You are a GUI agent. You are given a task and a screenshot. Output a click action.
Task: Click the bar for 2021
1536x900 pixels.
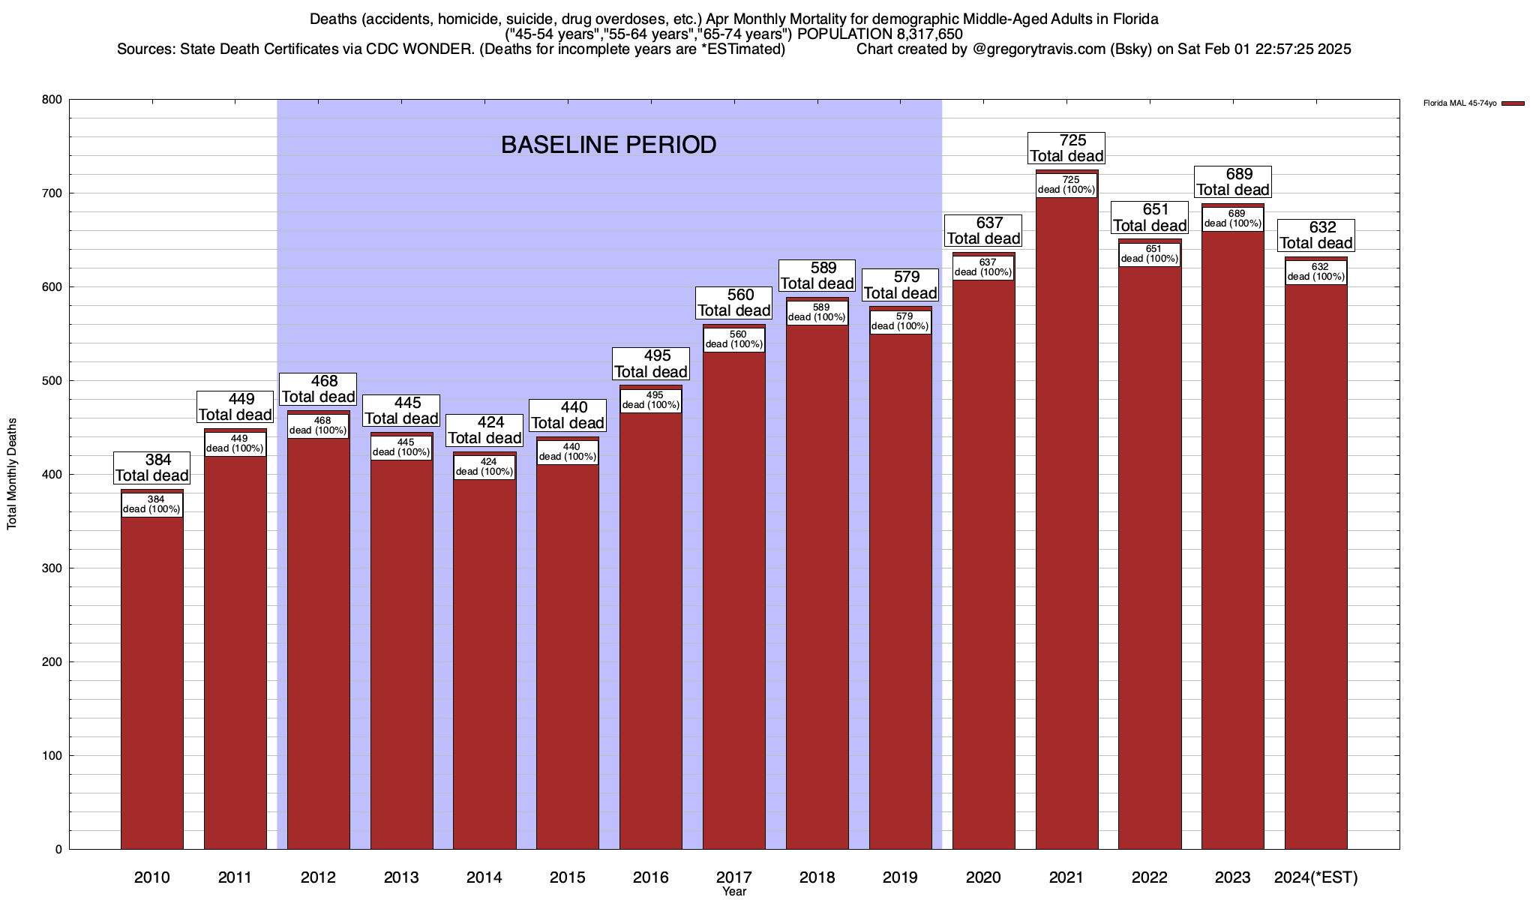coord(1066,525)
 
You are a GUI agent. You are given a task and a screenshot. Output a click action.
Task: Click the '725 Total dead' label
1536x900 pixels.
coord(1066,148)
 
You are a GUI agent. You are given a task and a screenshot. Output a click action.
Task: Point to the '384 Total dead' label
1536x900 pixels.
coord(152,467)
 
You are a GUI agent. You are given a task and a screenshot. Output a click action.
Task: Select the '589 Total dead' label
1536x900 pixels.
coord(817,275)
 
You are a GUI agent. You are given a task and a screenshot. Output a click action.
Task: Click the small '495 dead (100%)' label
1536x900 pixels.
coord(651,400)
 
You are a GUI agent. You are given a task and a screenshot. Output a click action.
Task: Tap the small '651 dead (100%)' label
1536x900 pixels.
coord(1150,254)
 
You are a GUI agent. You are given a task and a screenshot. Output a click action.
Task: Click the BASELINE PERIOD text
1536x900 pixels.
coord(608,145)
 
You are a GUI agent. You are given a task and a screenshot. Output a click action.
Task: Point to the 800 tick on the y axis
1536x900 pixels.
coord(52,100)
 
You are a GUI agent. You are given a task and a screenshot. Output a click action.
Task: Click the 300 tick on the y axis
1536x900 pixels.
coord(52,568)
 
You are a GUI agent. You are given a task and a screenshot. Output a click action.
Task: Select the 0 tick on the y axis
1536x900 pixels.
coord(58,850)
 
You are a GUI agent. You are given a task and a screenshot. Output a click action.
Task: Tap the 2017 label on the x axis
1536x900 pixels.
coord(734,877)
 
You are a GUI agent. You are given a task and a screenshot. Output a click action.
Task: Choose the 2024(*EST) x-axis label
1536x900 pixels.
coord(1315,877)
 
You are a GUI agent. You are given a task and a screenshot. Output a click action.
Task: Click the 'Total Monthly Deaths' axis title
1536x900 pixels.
coord(12,474)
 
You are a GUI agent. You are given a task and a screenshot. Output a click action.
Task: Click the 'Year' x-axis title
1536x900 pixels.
coord(734,892)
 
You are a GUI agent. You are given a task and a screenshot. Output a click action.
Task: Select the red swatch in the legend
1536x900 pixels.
coord(1513,103)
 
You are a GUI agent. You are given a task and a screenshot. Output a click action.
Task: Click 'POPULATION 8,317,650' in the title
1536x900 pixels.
coord(880,34)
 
